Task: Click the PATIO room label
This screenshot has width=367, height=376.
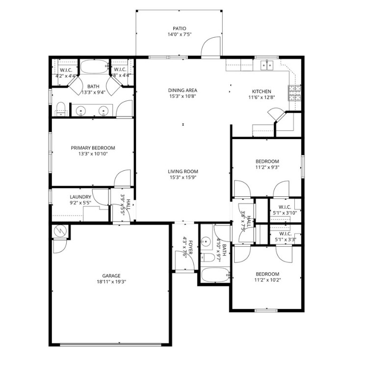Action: coord(179,28)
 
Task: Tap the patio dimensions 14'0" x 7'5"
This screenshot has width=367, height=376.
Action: coord(179,35)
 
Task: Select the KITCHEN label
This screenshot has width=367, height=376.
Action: coord(261,91)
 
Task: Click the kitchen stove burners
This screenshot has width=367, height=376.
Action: coord(294,91)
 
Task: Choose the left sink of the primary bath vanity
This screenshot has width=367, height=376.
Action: coord(81,111)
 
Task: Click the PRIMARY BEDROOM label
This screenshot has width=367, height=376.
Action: coord(93,148)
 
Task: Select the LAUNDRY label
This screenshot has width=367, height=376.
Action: coord(80,197)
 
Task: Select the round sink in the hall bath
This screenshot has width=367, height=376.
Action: coord(207,241)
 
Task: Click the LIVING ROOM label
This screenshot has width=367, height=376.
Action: coord(183,171)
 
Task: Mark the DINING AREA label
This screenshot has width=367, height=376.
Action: coord(183,90)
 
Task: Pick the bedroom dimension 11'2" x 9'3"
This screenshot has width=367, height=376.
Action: coord(267,167)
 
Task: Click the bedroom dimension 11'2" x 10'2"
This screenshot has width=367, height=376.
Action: coord(267,280)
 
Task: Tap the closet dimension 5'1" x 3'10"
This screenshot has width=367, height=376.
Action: coord(285,213)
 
